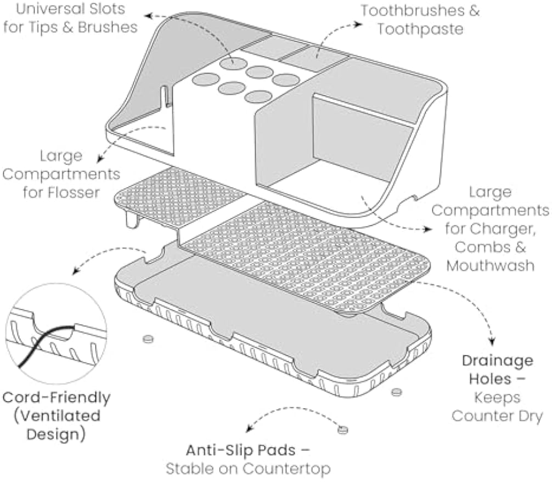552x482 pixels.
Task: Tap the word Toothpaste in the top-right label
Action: pos(420,29)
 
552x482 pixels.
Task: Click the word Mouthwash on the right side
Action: pos(491,265)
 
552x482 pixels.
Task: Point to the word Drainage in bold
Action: pos(498,361)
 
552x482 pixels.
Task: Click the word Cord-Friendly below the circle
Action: pos(57,398)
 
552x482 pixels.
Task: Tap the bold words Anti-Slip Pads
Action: pos(241,450)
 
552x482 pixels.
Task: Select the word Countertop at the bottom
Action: pos(286,469)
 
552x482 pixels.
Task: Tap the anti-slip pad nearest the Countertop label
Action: pos(342,429)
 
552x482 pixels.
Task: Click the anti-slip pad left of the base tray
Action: pos(148,339)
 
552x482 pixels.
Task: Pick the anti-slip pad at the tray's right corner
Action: pos(396,392)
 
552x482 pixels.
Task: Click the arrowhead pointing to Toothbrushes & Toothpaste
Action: pos(358,24)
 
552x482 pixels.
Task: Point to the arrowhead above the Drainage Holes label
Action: pos(492,341)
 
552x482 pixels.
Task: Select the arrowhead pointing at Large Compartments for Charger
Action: pos(428,229)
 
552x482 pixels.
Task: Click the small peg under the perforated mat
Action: pos(132,220)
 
